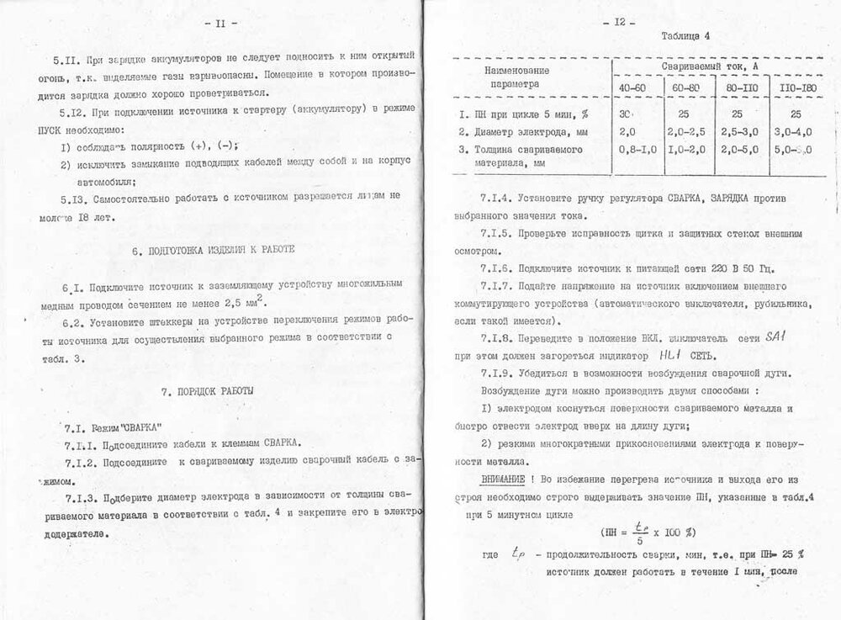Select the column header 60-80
tap(688, 87)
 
